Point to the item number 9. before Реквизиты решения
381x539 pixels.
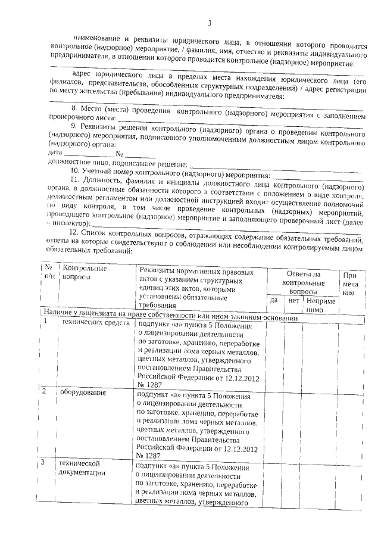click(x=73, y=127)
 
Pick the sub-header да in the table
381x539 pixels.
click(x=274, y=300)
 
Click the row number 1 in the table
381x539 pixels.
click(x=46, y=323)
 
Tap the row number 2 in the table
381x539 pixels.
click(x=46, y=392)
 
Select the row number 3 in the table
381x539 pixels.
click(x=46, y=462)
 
